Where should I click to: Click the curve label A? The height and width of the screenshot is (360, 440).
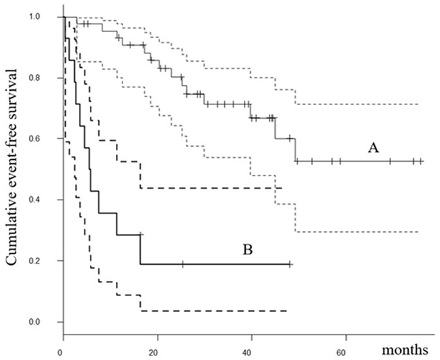(x=374, y=148)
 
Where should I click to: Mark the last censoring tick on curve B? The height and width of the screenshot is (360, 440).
(x=291, y=264)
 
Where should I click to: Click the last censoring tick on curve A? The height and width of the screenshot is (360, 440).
(x=420, y=161)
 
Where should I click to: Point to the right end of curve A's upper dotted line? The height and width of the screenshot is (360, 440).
(x=417, y=104)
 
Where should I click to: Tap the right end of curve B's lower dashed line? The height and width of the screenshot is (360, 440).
(x=287, y=311)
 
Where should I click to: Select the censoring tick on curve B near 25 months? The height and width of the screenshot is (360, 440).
(x=183, y=264)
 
